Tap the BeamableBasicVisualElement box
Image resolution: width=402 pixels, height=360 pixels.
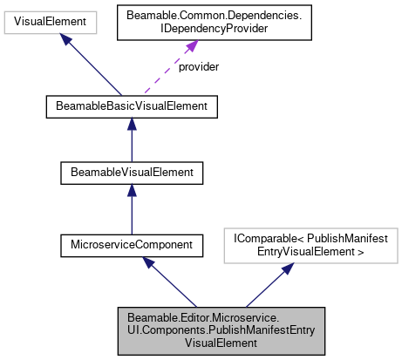(131, 107)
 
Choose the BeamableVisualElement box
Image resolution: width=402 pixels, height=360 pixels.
(131, 173)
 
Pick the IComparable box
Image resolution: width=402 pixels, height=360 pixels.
(313, 244)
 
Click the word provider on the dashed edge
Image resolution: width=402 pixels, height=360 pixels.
(198, 66)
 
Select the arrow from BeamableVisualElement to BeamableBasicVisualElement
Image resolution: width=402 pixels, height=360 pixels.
(131, 139)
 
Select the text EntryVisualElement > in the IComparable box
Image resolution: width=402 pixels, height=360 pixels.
(313, 250)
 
